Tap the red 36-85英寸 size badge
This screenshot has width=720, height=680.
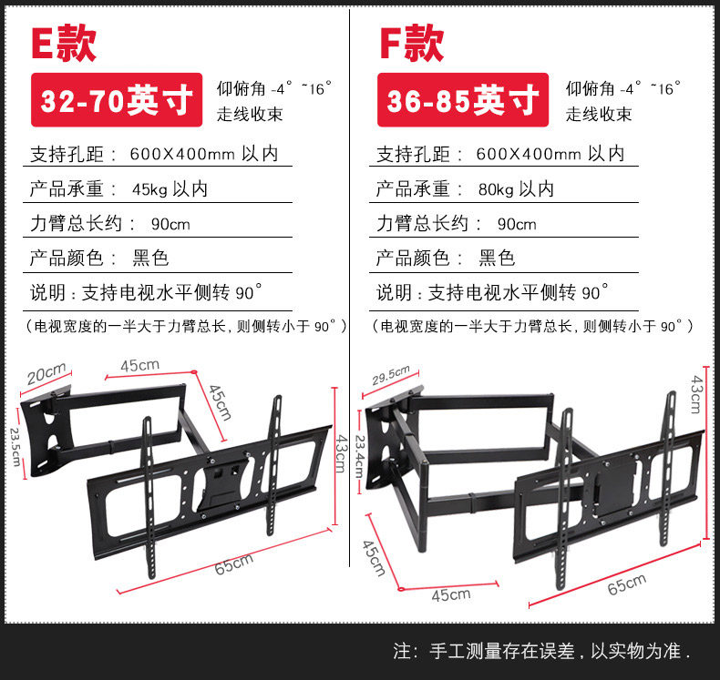point(462,100)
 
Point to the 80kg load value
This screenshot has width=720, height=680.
point(517,188)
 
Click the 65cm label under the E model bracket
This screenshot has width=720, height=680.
point(233,564)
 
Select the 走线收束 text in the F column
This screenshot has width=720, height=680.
point(599,115)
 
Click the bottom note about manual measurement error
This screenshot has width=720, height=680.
point(542,651)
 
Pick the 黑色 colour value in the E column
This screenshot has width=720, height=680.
point(150,258)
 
